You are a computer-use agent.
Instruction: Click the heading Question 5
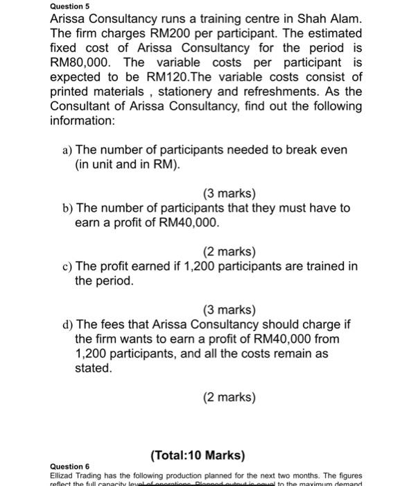71,6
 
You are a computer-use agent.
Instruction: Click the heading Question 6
71,466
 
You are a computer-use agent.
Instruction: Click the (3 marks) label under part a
229,193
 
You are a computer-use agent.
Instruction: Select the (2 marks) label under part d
229,397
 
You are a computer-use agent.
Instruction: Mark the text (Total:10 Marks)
197,455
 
